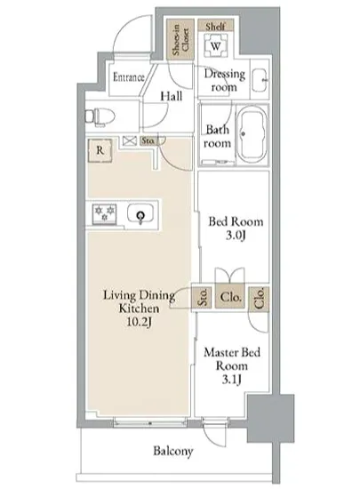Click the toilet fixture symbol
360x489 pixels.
(x=100, y=116)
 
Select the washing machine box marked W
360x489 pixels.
(x=216, y=46)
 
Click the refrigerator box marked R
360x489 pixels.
(x=100, y=150)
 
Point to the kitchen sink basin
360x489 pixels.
(x=140, y=213)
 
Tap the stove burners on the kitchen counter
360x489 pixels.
(x=104, y=213)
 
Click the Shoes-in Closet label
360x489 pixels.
(x=180, y=40)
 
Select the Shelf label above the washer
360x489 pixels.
(x=215, y=26)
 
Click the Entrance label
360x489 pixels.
(x=128, y=77)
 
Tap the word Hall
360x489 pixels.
(x=172, y=96)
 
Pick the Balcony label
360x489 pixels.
(x=173, y=451)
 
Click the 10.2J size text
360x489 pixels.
(x=139, y=322)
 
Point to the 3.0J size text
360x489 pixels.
(x=236, y=236)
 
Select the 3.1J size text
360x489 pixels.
(x=232, y=380)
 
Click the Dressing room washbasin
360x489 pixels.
(x=260, y=80)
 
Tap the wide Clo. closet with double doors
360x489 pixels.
(x=230, y=297)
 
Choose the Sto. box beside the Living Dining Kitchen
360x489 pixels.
(x=203, y=297)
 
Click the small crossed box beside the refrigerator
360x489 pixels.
(x=130, y=141)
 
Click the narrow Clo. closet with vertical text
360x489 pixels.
(x=259, y=299)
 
